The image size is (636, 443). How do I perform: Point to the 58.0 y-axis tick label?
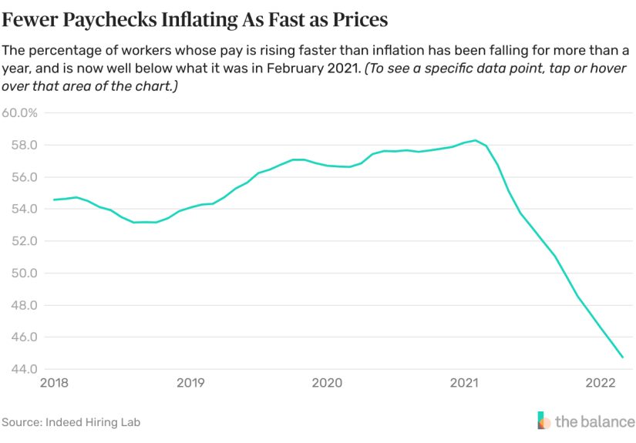point(24,145)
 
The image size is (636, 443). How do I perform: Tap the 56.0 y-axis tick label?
point(24,177)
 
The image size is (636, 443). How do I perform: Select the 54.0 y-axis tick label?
point(24,209)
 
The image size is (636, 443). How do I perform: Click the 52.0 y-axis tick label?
point(24,241)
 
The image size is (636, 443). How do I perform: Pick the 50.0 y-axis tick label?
point(24,274)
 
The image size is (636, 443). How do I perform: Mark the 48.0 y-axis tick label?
point(24,305)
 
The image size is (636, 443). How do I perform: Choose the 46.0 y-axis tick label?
point(24,337)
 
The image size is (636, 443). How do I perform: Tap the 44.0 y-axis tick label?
point(24,369)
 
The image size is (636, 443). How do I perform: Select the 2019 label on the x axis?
point(190,383)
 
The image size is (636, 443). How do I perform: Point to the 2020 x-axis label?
point(328,383)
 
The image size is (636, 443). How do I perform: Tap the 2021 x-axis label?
point(465,383)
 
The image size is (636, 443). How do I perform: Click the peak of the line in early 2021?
point(476,140)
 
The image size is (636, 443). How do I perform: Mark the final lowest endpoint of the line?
point(623,357)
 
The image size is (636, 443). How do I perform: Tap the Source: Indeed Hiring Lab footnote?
point(71,422)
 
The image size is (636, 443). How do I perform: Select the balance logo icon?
point(544,421)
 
